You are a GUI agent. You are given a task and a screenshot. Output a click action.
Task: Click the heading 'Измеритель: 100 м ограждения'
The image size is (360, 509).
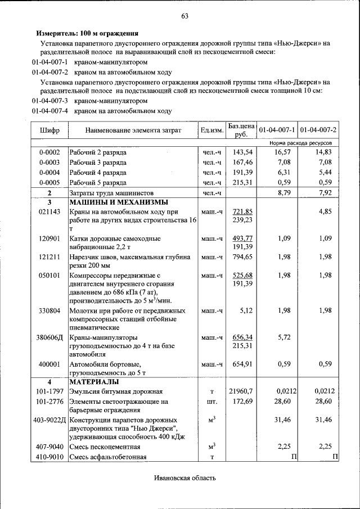[x=87, y=34]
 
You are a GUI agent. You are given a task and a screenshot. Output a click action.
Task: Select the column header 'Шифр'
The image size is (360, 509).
[x=49, y=130]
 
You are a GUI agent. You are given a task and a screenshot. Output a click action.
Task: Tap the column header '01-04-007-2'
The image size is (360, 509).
[x=318, y=130]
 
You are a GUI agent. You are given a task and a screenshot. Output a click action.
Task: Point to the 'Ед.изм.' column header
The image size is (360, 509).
[x=212, y=130]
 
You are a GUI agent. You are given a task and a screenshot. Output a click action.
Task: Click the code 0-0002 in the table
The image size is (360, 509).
[x=49, y=152]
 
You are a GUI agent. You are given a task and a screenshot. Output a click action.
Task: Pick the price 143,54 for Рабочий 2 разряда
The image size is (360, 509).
[x=242, y=152]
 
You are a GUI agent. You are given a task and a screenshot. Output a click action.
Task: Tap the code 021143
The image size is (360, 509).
[x=49, y=211]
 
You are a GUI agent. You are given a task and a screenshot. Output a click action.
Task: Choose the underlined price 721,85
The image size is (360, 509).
[x=242, y=211]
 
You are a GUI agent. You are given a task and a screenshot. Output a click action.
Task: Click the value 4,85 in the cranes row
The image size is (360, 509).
[x=326, y=211]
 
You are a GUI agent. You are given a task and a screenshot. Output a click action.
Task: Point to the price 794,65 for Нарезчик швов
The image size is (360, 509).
[x=242, y=257]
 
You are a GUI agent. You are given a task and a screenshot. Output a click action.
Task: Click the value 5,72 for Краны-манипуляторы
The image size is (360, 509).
[x=284, y=337]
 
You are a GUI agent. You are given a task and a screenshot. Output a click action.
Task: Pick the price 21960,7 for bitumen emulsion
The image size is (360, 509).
[x=241, y=391]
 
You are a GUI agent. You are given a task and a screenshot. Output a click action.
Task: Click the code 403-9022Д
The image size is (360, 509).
[x=49, y=420]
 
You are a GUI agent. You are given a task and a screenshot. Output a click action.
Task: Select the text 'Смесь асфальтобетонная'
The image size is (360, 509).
[x=108, y=457]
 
